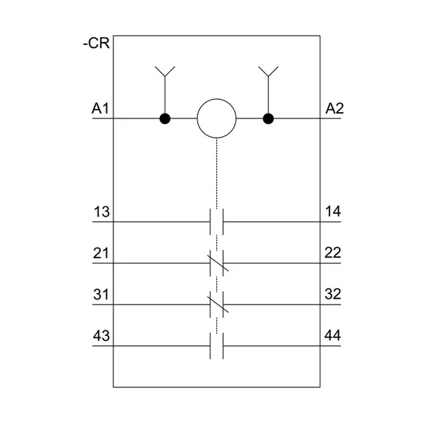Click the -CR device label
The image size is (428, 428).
96,43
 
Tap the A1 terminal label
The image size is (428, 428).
100,108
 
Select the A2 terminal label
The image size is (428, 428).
335,108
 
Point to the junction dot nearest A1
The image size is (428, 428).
165,118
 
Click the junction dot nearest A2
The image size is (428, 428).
268,118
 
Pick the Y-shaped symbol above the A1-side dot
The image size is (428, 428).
165,71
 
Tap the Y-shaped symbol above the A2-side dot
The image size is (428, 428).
268,71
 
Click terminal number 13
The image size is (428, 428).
101,212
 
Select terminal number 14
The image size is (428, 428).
333,212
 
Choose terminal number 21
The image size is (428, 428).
101,253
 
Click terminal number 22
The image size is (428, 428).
332,253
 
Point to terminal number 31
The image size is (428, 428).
101,295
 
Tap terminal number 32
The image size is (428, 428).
333,294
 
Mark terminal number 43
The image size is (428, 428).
101,336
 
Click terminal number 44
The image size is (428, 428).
332,335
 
